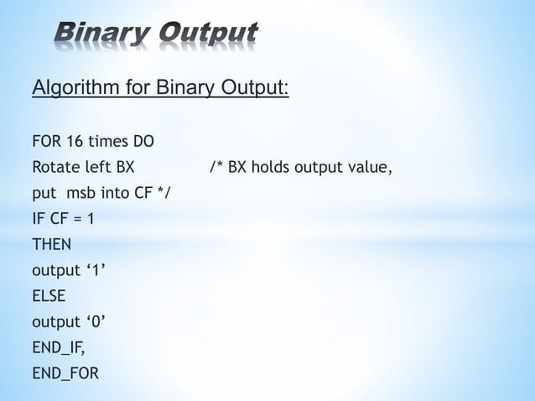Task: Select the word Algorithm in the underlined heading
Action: pos(69,88)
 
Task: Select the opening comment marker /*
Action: pos(216,166)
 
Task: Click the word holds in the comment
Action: pos(273,166)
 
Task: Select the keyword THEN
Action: pos(51,244)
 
